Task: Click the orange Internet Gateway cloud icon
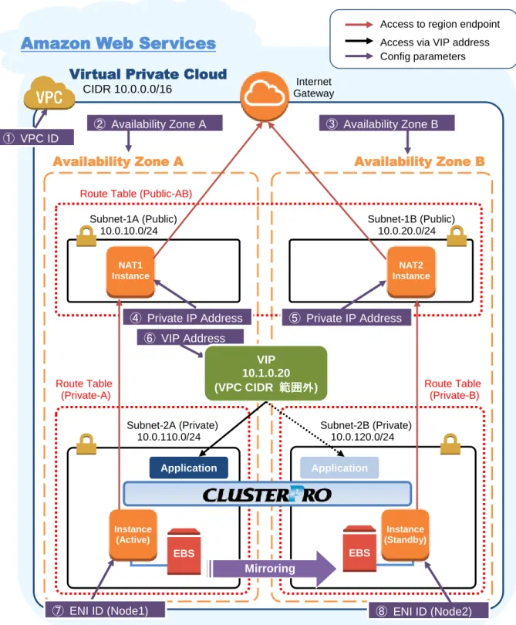tap(265, 96)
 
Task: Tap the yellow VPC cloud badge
tap(49, 93)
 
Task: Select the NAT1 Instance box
tap(130, 272)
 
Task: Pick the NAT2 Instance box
tap(411, 272)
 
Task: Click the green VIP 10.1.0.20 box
tap(266, 373)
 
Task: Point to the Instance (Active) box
tap(133, 535)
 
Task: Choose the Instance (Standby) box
tap(405, 535)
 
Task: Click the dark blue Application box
tap(189, 468)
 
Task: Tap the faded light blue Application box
tap(339, 468)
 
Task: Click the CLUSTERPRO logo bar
tap(267, 495)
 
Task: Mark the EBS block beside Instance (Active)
tap(184, 551)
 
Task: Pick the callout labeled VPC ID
tap(37, 138)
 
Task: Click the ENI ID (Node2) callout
tap(428, 611)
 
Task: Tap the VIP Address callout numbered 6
tap(191, 338)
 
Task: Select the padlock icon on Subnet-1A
tap(86, 236)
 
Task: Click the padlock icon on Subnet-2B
tap(450, 444)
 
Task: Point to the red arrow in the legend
tap(359, 25)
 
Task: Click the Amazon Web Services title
tap(118, 43)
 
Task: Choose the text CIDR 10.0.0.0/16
tap(127, 89)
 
